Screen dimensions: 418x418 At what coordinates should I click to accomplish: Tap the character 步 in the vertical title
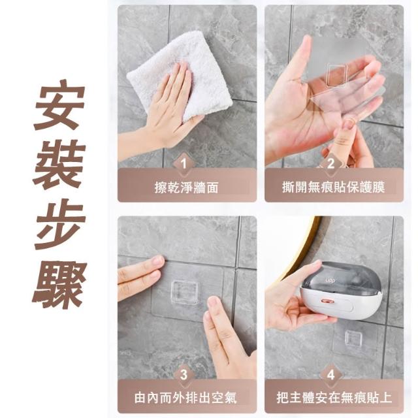[59, 225]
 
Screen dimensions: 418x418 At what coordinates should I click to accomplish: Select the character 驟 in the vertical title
[59, 285]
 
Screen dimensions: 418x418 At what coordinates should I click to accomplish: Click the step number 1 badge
[184, 163]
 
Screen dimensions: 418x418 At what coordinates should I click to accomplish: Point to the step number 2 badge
[330, 163]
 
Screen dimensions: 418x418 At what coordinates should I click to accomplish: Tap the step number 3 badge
[184, 374]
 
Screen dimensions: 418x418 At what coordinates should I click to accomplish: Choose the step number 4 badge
[330, 374]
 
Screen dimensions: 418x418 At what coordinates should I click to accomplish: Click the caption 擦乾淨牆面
[186, 187]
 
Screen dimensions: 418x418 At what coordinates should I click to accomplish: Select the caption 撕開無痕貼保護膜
[334, 187]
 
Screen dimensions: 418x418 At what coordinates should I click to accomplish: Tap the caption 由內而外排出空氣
[185, 398]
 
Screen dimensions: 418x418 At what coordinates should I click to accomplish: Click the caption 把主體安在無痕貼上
[334, 398]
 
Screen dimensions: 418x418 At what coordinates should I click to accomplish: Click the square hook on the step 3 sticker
[185, 291]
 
